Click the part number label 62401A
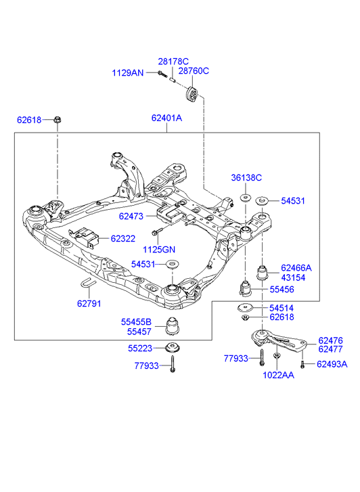tap(166, 118)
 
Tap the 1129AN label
tap(128, 73)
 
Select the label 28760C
tap(194, 71)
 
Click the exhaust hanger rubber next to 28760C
tap(191, 93)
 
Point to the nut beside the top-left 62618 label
tap(57, 120)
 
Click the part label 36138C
tap(246, 177)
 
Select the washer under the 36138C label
tap(245, 198)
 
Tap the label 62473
tap(131, 216)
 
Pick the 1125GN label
tap(159, 250)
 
